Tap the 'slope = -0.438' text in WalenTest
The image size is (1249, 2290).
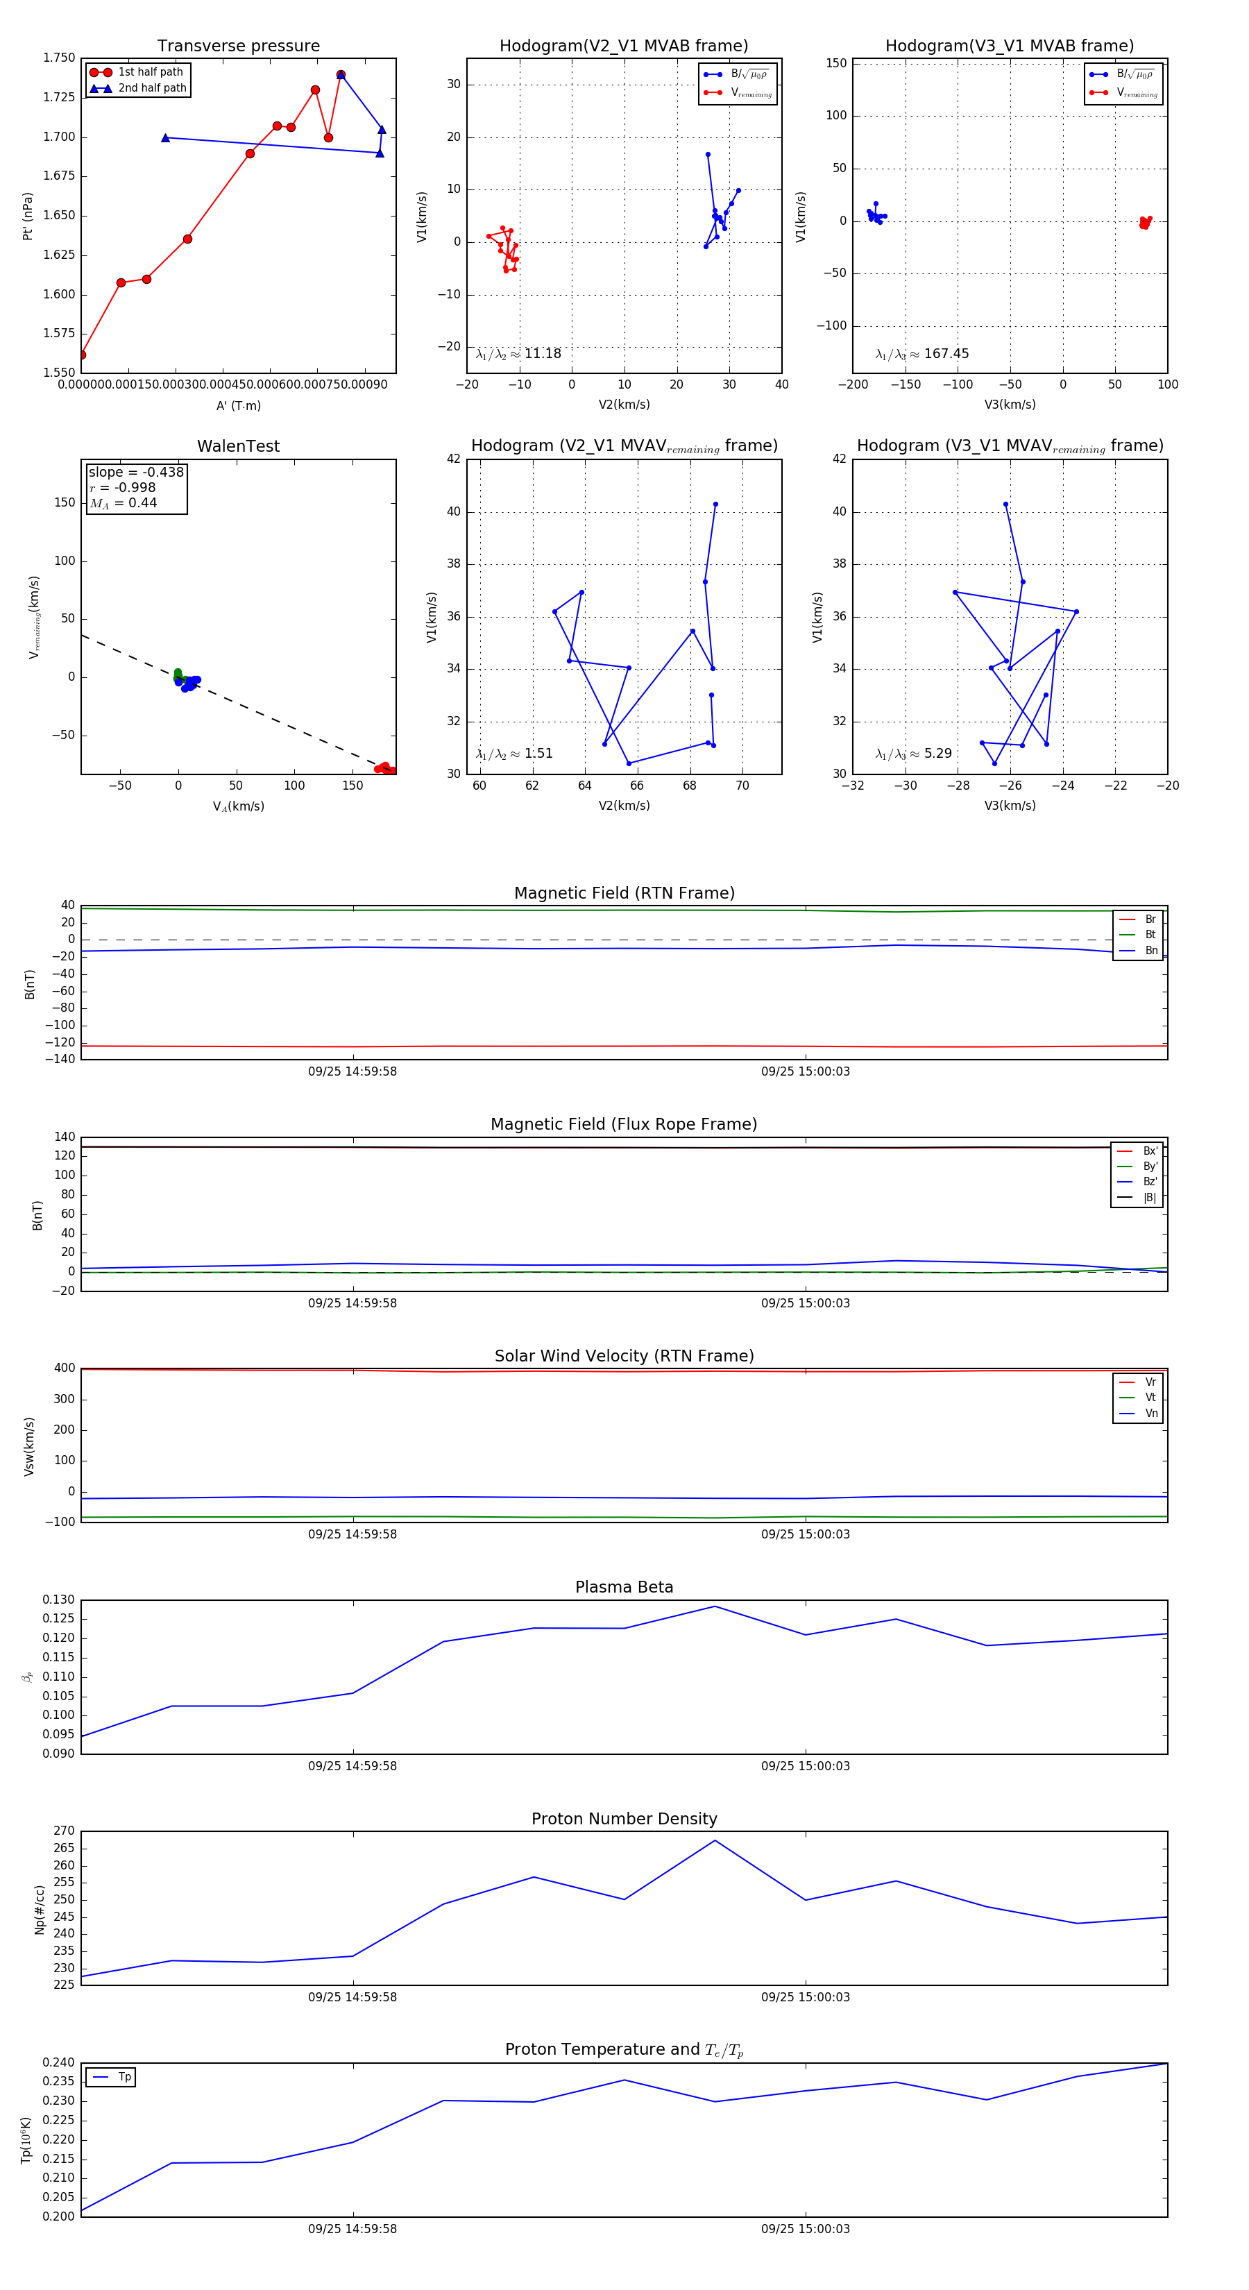pyautogui.click(x=136, y=472)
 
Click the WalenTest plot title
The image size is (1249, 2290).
pyautogui.click(x=238, y=446)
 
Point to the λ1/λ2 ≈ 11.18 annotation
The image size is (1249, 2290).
pyautogui.click(x=518, y=354)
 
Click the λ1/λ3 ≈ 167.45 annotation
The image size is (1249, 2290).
pyautogui.click(x=922, y=354)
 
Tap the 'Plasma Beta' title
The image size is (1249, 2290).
pyautogui.click(x=624, y=1587)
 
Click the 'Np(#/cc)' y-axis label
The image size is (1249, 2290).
pyautogui.click(x=39, y=1910)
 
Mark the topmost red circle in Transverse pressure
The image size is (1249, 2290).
pyautogui.click(x=341, y=75)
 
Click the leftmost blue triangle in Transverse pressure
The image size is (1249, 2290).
pyautogui.click(x=165, y=138)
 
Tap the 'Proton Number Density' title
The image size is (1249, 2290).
pyautogui.click(x=624, y=1819)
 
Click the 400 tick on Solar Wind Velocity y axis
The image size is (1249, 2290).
pyautogui.click(x=64, y=1368)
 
